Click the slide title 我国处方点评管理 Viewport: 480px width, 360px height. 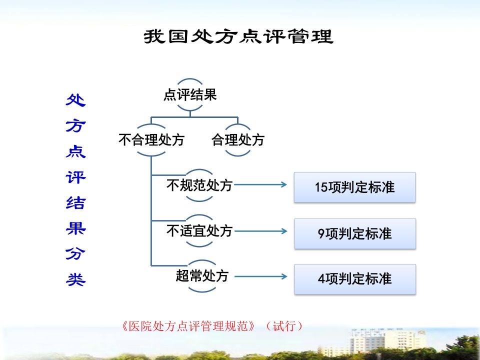(238, 37)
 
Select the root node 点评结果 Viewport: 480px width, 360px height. (190, 95)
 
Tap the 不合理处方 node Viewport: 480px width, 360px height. (151, 140)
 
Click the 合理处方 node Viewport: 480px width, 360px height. (238, 140)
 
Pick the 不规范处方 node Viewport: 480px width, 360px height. (199, 185)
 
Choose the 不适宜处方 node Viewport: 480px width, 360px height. (199, 231)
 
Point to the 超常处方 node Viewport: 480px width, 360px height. (202, 275)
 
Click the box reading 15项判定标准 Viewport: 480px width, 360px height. (354, 187)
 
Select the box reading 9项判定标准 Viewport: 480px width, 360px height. (354, 233)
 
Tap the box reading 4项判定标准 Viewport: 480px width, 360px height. (354, 279)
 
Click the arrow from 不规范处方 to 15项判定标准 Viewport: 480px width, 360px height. (260, 185)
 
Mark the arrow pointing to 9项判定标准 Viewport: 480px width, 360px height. (260, 231)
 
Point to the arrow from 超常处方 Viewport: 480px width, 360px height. (260, 276)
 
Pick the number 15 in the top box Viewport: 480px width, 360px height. (321, 187)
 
